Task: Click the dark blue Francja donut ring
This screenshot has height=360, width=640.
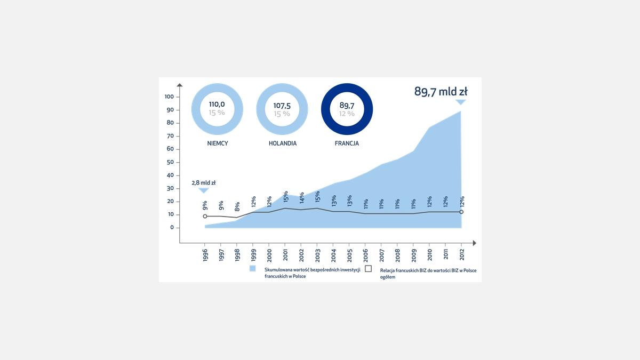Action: click(x=326, y=109)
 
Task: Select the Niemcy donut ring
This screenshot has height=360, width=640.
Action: click(x=196, y=109)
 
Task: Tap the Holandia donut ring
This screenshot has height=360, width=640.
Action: click(x=261, y=109)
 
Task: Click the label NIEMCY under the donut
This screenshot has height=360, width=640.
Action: click(x=218, y=143)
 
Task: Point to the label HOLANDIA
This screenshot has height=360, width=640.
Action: click(x=282, y=143)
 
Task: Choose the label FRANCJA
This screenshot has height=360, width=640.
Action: click(x=347, y=143)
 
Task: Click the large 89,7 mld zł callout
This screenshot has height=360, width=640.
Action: click(x=441, y=91)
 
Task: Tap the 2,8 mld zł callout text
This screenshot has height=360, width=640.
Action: click(x=204, y=182)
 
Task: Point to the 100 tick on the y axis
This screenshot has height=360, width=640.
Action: click(x=169, y=97)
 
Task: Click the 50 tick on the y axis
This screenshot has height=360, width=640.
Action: click(x=170, y=162)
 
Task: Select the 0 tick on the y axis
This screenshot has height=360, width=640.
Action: click(x=172, y=228)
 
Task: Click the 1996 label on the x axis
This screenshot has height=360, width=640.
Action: click(x=205, y=253)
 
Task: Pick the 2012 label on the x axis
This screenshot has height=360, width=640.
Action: click(x=461, y=253)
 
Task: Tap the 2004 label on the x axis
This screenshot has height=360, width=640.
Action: click(x=333, y=253)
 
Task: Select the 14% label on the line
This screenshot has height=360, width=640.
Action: click(x=301, y=198)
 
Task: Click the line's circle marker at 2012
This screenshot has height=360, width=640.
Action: click(x=461, y=212)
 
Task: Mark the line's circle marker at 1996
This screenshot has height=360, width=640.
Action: click(x=205, y=216)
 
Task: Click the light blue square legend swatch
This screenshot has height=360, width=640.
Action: click(x=253, y=269)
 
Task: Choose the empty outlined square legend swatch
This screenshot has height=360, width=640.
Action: click(x=368, y=269)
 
